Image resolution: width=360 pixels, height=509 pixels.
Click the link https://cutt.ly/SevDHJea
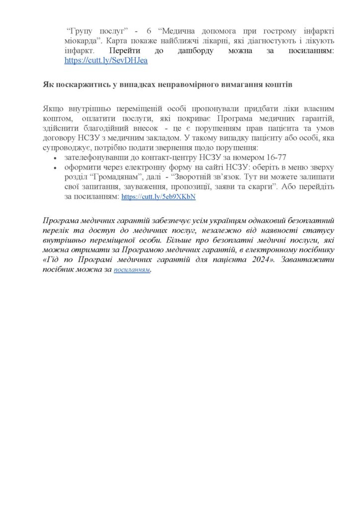point(106,61)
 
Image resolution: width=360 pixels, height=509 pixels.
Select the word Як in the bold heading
point(49,85)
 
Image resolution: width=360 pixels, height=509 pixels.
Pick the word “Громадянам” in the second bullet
point(113,177)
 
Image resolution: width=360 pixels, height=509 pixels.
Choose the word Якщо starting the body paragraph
point(53,108)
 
